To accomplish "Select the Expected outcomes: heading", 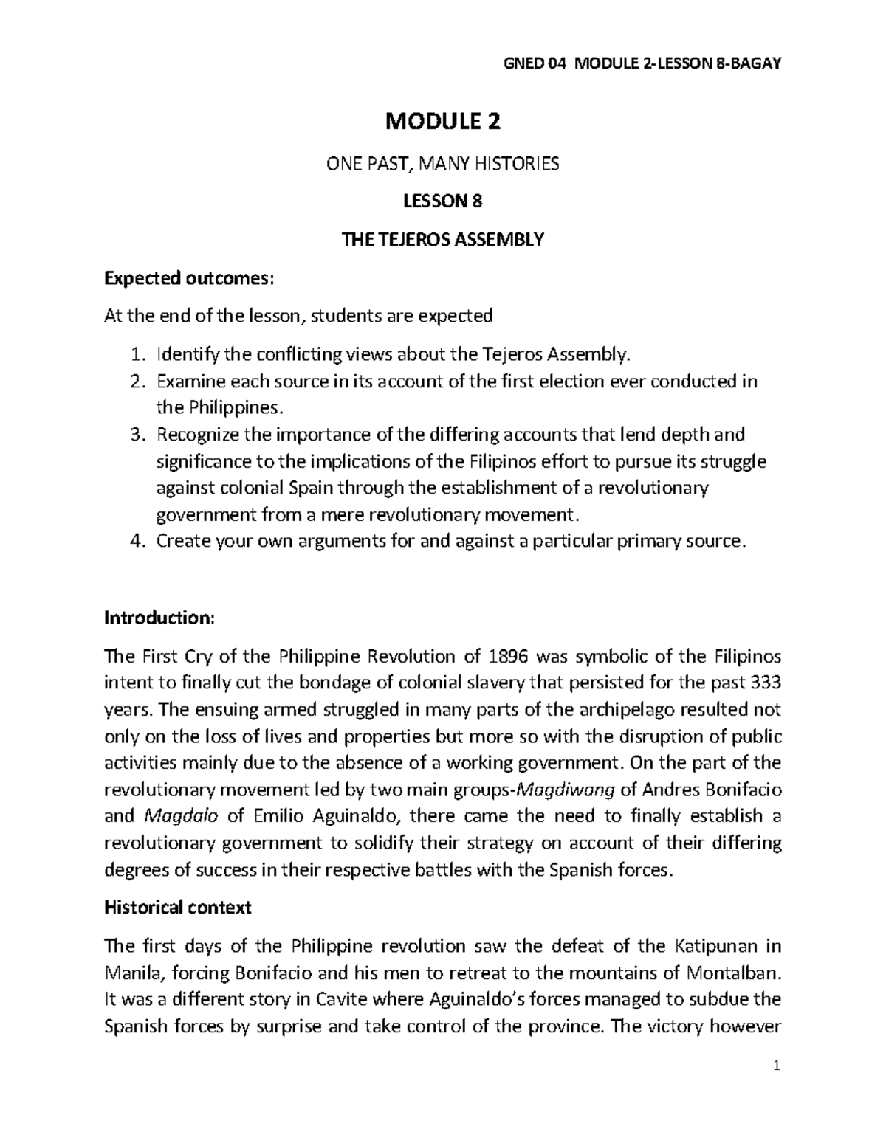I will pos(189,278).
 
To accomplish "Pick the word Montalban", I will pos(731,973).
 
